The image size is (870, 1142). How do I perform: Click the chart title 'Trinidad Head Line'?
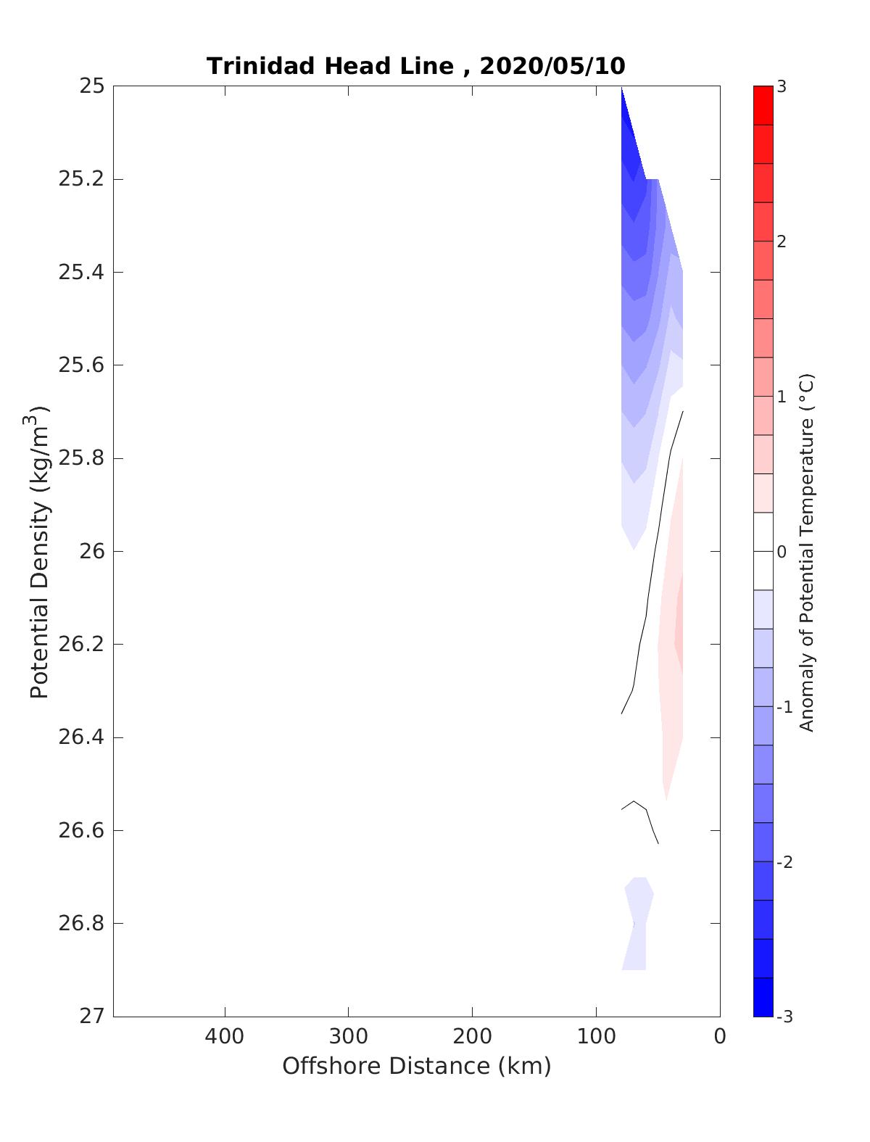[330, 66]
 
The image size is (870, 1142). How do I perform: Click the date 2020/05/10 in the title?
[552, 66]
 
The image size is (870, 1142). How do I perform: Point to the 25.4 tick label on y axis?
[80, 273]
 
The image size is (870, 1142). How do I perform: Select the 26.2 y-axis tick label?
[80, 645]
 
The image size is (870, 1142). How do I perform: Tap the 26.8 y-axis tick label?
[80, 924]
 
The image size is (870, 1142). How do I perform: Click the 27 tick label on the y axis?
[92, 1017]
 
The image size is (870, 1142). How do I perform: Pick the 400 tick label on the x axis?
[225, 1037]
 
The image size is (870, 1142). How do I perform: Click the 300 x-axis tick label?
[349, 1037]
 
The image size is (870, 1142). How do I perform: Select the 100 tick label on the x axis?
[596, 1037]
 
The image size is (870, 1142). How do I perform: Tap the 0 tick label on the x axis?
[720, 1037]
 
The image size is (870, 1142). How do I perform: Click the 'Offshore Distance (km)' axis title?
[417, 1067]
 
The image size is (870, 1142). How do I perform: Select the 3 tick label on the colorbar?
[782, 87]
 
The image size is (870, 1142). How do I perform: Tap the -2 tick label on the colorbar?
[783, 862]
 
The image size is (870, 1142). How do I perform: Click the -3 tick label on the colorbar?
[783, 1017]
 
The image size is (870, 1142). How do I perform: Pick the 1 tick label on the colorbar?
[782, 397]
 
